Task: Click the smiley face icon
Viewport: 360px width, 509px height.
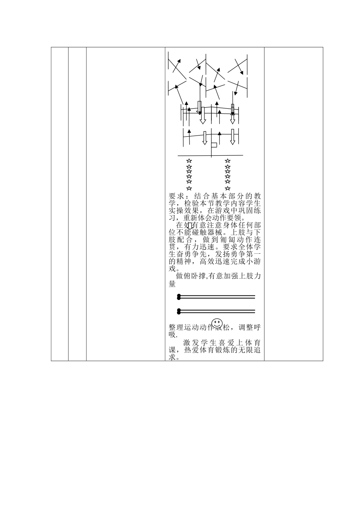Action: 217,323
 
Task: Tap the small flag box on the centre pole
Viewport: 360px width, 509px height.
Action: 214,145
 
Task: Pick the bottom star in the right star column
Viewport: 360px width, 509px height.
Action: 227,188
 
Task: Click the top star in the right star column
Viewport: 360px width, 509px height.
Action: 227,161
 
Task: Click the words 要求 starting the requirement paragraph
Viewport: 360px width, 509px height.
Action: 176,197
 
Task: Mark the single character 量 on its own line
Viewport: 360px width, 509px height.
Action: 172,284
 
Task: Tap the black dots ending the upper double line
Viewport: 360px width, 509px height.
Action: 178,297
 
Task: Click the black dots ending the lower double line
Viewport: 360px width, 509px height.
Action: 178,311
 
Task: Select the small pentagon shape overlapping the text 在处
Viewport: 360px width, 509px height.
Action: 190,226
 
